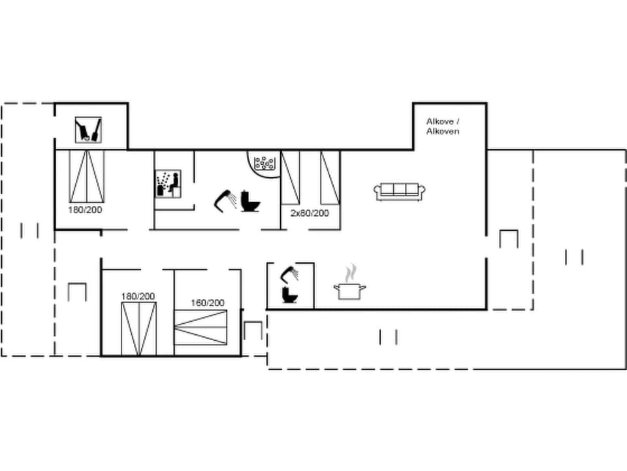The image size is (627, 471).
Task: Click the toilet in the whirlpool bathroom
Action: click(250, 201)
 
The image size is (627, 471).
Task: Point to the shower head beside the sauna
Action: click(225, 198)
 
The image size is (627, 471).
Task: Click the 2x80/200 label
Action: click(310, 213)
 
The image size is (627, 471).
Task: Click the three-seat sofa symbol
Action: click(400, 190)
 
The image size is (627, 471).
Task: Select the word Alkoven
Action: click(443, 131)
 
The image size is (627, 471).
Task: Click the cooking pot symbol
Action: click(349, 290)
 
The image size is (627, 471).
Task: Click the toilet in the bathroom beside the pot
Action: click(290, 295)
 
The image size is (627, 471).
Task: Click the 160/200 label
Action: click(207, 303)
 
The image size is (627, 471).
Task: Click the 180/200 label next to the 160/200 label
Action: click(138, 296)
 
